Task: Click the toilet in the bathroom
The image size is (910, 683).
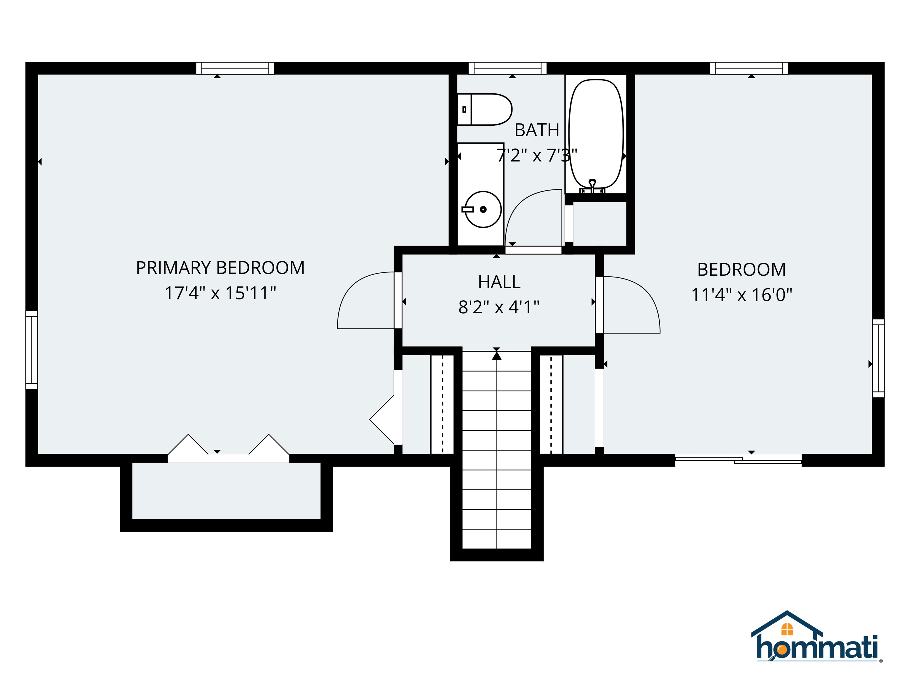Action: [486, 109]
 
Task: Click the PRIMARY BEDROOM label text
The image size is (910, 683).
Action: [220, 268]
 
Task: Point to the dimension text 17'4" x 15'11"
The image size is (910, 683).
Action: [220, 293]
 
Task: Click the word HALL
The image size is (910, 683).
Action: [499, 282]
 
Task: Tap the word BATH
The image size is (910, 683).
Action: [537, 130]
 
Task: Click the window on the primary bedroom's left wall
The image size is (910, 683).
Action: [32, 350]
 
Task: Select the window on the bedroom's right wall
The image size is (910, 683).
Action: [878, 358]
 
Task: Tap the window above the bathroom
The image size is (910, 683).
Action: [508, 68]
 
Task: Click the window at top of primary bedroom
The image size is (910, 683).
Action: [235, 68]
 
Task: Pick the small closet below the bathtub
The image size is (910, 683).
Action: [599, 224]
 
